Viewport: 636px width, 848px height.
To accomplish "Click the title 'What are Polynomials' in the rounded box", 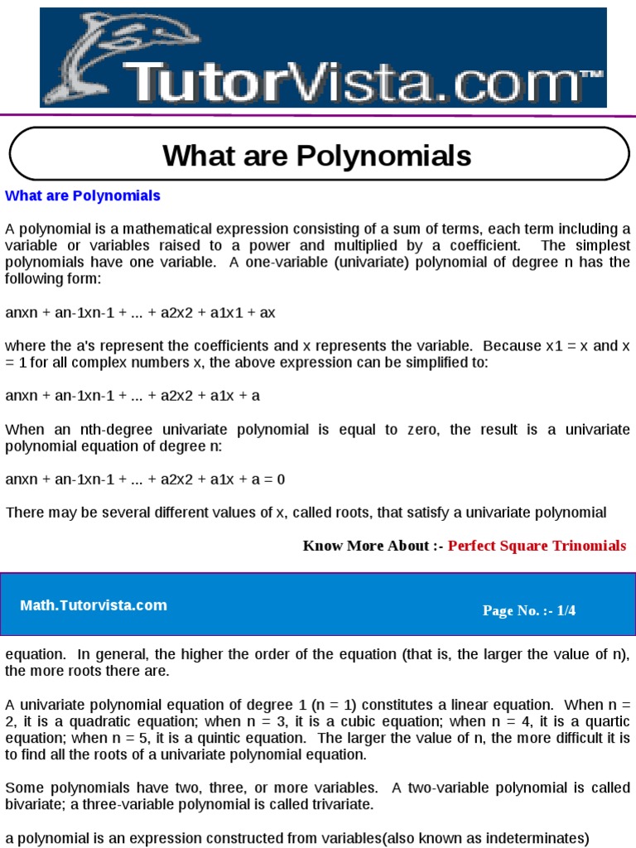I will click(x=317, y=155).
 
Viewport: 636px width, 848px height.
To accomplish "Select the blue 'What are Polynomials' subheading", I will click(x=83, y=196).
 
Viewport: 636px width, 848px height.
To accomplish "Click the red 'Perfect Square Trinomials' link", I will click(x=537, y=546).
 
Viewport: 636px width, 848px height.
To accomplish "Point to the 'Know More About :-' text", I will click(x=373, y=546).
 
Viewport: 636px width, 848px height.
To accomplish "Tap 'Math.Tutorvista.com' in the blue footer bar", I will click(x=94, y=605).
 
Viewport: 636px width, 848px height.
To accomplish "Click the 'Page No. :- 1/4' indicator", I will click(x=529, y=611).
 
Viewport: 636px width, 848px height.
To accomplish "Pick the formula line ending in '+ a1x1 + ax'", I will click(x=141, y=312).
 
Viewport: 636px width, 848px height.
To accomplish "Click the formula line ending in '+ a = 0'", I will click(x=146, y=479).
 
